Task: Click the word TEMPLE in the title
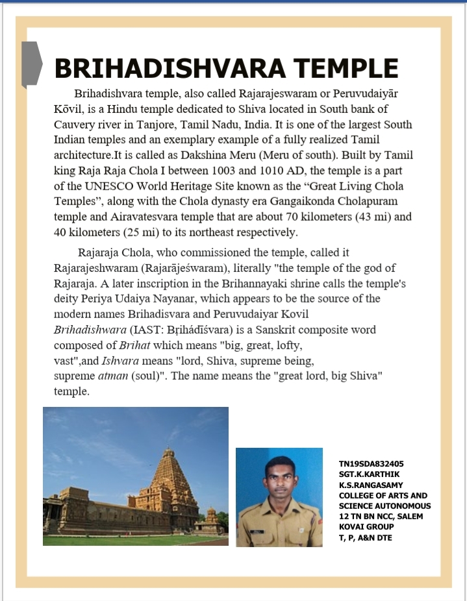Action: coord(345,68)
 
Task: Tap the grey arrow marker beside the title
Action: coord(31,64)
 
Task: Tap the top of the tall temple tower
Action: coord(168,451)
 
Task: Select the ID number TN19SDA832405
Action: coord(372,464)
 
